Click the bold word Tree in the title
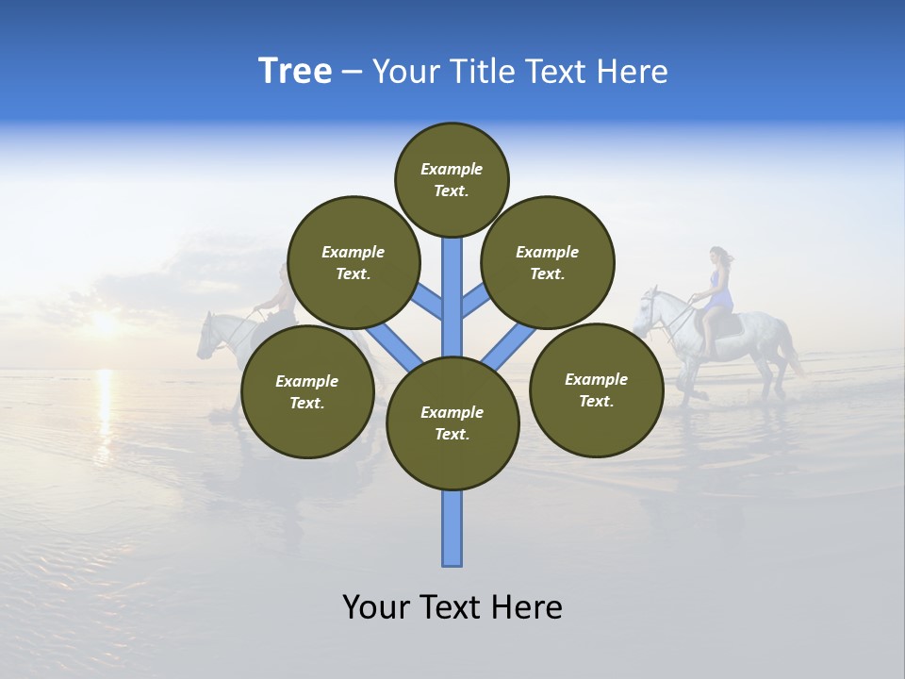click(295, 72)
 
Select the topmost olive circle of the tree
click(452, 179)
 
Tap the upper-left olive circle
click(354, 262)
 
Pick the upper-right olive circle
click(548, 262)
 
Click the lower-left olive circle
click(307, 391)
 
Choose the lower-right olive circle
click(596, 389)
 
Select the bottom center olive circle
click(452, 423)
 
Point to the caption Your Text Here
click(452, 607)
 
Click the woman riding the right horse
click(719, 283)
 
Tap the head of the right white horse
click(649, 311)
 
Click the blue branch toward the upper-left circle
click(428, 302)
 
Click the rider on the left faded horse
click(279, 292)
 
